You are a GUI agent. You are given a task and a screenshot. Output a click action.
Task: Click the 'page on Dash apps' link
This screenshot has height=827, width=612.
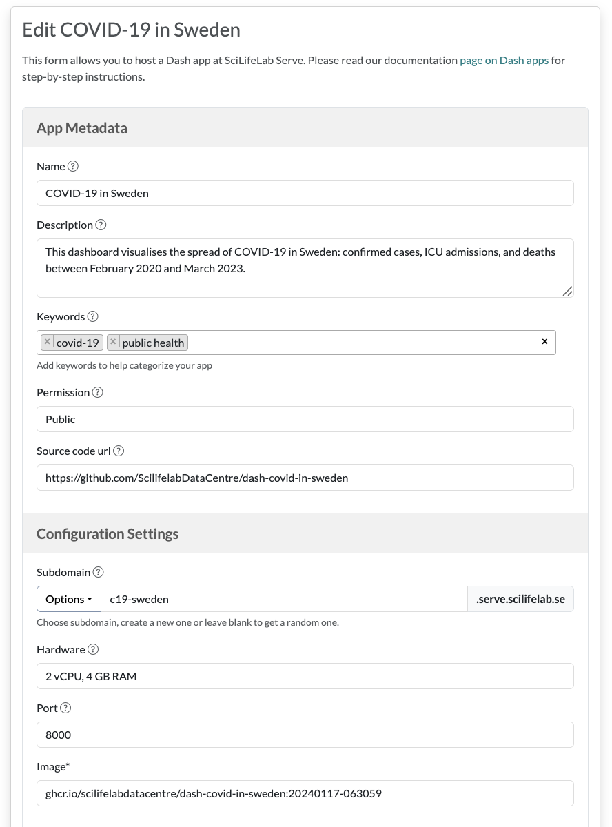point(504,61)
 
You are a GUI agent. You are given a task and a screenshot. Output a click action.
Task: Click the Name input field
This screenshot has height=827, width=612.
point(305,193)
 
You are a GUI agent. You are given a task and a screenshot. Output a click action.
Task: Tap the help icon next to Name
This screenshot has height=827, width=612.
point(73,166)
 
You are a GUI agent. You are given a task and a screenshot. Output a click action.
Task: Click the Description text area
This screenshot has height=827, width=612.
point(305,268)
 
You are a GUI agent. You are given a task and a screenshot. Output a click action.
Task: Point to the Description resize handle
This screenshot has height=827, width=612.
point(567,291)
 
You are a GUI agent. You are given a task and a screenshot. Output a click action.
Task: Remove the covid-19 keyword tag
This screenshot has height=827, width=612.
point(47,342)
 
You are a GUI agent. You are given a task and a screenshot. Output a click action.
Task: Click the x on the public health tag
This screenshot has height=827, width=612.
point(113,342)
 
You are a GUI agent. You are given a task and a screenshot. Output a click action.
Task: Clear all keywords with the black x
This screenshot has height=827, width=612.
point(544,342)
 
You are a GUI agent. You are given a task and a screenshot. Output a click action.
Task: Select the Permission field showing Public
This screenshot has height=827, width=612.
point(305,419)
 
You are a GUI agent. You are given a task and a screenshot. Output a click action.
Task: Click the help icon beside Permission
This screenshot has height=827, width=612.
point(98,392)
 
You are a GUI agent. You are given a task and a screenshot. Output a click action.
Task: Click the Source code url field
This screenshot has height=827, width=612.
point(305,478)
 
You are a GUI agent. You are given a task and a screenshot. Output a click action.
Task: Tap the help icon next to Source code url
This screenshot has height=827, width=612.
point(119,451)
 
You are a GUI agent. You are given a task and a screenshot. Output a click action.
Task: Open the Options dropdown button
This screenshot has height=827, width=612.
point(69,599)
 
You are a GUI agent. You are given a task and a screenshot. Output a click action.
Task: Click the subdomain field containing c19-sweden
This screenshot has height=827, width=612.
point(284,599)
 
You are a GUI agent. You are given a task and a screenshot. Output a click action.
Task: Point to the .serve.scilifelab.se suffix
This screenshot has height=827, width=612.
point(520,599)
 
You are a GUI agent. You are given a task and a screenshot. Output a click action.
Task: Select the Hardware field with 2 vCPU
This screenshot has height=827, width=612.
point(305,676)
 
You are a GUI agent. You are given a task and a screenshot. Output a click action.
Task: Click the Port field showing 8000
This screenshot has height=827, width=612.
point(305,735)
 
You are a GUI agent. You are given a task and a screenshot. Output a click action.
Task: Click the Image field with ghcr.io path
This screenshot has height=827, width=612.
point(305,793)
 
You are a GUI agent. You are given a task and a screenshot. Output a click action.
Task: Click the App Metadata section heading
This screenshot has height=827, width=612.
point(82,128)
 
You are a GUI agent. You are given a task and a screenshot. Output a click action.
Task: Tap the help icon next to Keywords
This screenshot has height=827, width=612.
point(93,317)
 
